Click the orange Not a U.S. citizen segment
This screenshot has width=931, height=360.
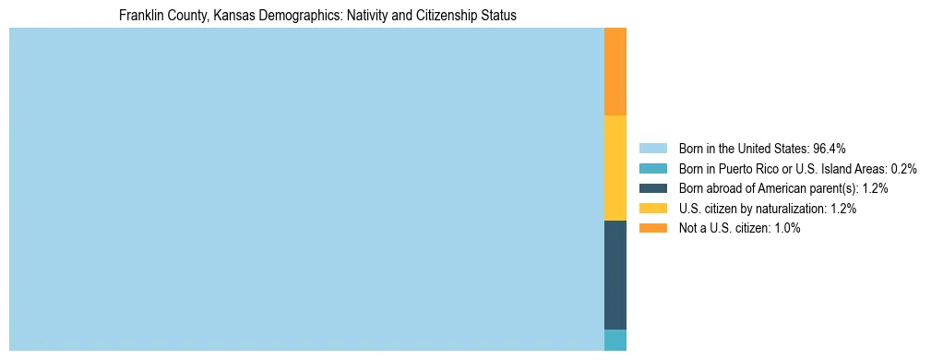[x=615, y=72]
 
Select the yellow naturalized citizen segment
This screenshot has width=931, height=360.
[x=615, y=168]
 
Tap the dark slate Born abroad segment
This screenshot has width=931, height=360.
[x=615, y=275]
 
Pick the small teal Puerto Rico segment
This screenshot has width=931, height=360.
[x=615, y=340]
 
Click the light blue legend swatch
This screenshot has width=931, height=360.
[x=652, y=149]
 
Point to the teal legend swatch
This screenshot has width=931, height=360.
[x=652, y=169]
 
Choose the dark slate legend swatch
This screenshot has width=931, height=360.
[x=652, y=188]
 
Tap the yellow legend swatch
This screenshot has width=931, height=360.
[x=652, y=209]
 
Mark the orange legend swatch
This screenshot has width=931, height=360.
[x=652, y=228]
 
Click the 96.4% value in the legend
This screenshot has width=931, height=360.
[x=829, y=149]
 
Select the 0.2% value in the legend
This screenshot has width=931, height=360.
[x=903, y=169]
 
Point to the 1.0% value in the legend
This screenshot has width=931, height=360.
[x=786, y=228]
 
